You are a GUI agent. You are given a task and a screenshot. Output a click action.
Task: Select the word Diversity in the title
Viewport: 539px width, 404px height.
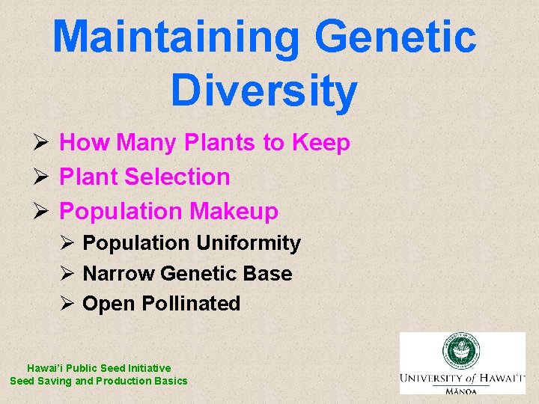pos(264,91)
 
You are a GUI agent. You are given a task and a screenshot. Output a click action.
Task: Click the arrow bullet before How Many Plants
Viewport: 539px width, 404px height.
pos(42,142)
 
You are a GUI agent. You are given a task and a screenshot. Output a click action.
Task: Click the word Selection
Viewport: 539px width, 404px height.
pos(177,177)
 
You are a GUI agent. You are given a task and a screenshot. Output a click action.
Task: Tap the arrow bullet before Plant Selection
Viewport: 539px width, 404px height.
pos(42,177)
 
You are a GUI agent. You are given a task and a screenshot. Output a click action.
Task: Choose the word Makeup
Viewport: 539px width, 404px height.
pos(234,212)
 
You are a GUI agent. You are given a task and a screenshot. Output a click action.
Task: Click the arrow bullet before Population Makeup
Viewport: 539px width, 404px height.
pos(42,212)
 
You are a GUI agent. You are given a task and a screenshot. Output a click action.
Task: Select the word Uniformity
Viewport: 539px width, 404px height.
pos(248,243)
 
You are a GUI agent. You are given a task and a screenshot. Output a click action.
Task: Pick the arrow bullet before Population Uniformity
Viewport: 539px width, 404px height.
pos(67,243)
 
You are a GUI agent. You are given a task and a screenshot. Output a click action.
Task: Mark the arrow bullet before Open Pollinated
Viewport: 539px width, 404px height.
pos(67,304)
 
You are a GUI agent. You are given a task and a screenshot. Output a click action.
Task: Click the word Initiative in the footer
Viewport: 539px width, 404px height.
pos(148,368)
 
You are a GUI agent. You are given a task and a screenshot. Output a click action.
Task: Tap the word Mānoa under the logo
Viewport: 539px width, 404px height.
pos(462,390)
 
